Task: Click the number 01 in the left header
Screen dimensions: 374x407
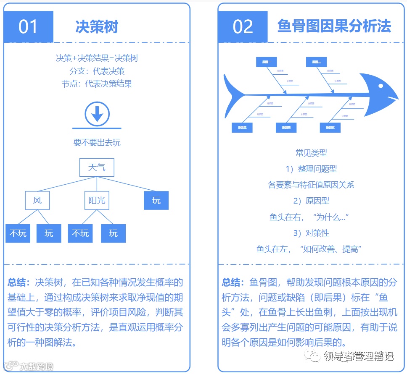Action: coord(28,26)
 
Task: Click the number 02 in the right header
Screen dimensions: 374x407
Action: coord(243,26)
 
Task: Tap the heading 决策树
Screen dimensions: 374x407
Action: coord(97,26)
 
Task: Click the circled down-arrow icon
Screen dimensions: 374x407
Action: coord(97,113)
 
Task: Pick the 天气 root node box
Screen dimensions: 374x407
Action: coord(97,167)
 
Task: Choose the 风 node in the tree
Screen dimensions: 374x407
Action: coord(37,200)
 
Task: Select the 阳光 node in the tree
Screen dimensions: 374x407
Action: coord(97,200)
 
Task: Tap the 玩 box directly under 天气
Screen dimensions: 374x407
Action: coord(156,200)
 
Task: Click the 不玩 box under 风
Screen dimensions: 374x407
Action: coord(18,233)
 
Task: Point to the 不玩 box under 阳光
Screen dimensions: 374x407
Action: coord(80,233)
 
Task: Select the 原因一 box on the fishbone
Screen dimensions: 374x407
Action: coord(267,62)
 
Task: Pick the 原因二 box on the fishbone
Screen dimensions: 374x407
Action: coord(317,62)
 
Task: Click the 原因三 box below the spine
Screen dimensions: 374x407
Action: coord(242,128)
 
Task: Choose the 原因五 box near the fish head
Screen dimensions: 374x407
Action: coord(330,128)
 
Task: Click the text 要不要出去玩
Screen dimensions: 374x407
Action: coord(97,142)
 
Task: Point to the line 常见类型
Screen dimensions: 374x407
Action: coord(311,153)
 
